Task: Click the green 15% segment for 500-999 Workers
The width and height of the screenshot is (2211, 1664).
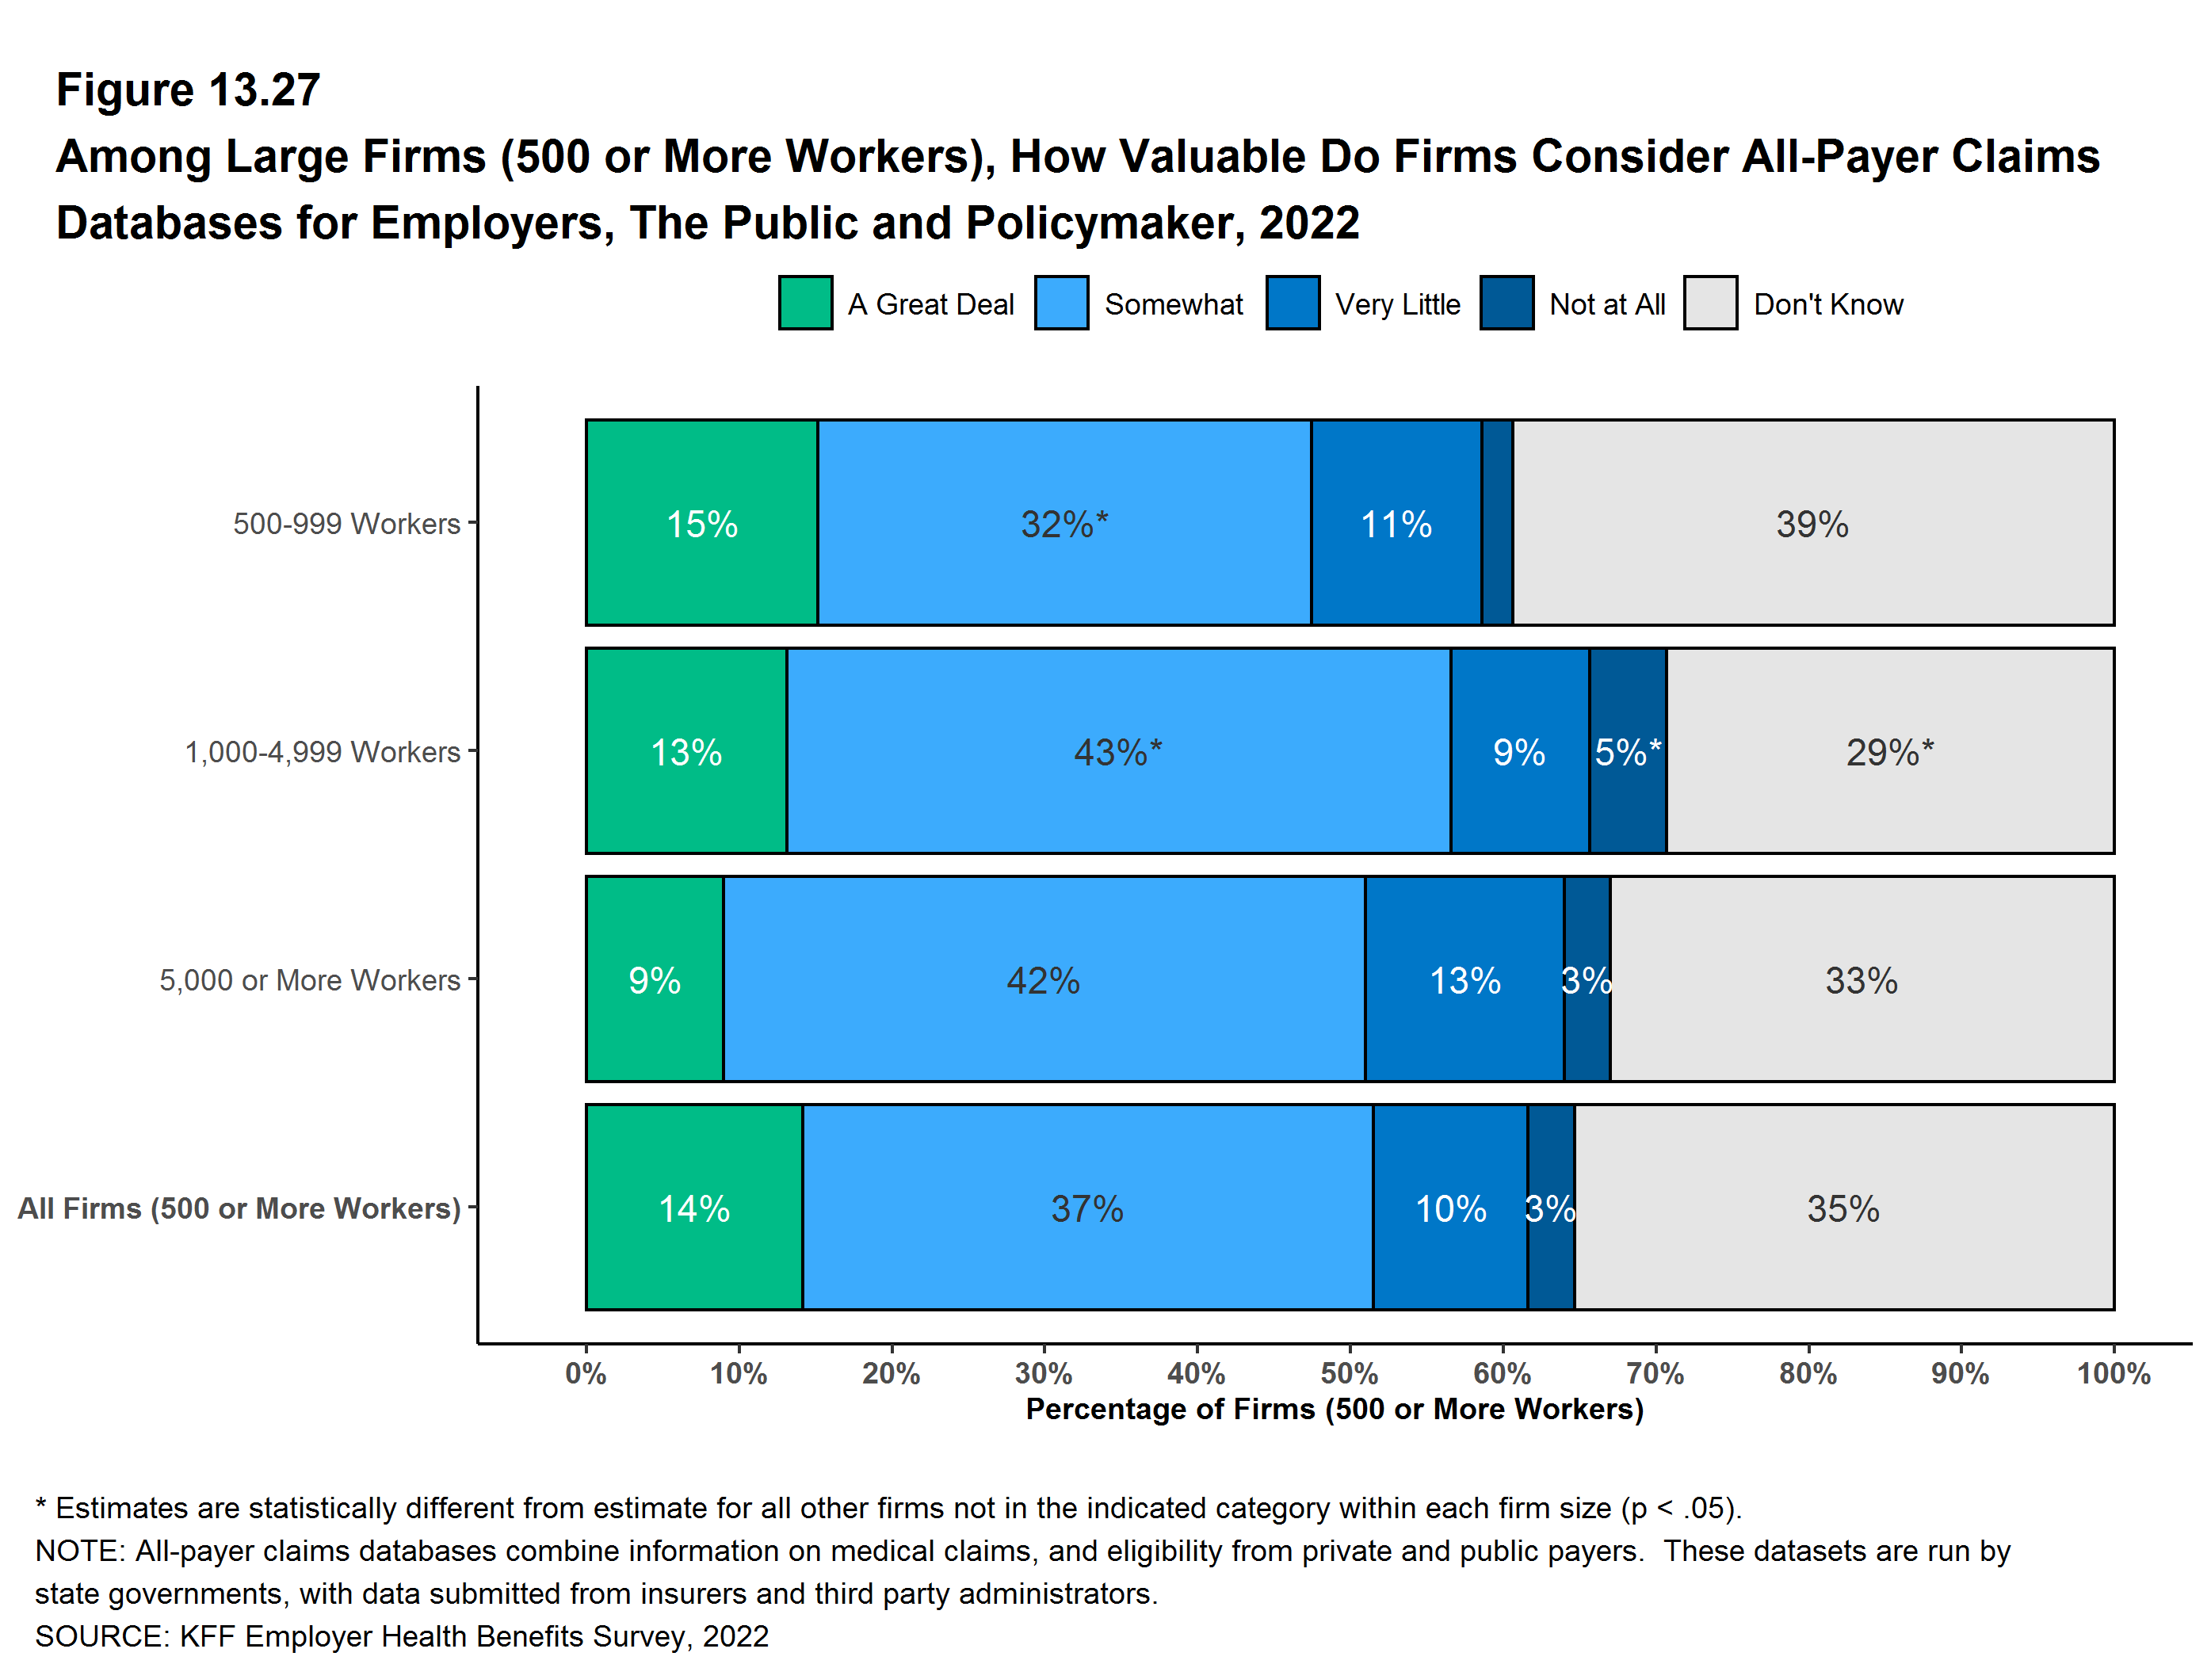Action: (x=701, y=523)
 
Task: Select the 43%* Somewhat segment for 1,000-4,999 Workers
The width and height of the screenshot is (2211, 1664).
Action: (x=1117, y=751)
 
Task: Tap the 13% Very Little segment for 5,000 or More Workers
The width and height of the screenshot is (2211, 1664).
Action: (x=1464, y=979)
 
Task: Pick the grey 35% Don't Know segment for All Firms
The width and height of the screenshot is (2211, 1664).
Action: (x=1843, y=1208)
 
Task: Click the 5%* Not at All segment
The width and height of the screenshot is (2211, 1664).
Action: (x=1627, y=751)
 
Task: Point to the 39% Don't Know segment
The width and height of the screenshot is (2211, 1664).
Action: (x=1812, y=523)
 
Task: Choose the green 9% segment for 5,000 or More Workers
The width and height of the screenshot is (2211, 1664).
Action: (x=654, y=979)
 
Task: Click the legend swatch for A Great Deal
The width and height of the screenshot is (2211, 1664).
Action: (x=804, y=303)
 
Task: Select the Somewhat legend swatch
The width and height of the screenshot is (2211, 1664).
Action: (x=1062, y=303)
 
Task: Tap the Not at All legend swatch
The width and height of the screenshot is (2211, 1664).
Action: (x=1506, y=303)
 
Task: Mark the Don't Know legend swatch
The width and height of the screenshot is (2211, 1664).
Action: (x=1710, y=303)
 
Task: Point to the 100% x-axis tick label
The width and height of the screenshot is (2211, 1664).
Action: (x=2113, y=1373)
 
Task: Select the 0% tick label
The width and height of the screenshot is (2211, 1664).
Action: (x=586, y=1373)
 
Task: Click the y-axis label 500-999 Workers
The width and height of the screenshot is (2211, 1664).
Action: (x=346, y=524)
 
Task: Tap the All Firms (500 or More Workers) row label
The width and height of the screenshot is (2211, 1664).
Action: (x=239, y=1208)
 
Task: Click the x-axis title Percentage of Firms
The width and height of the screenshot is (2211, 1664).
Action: (x=1335, y=1409)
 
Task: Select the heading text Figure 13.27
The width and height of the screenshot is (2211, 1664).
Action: (x=188, y=90)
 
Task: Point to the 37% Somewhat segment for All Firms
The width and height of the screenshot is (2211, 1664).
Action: (x=1086, y=1208)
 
